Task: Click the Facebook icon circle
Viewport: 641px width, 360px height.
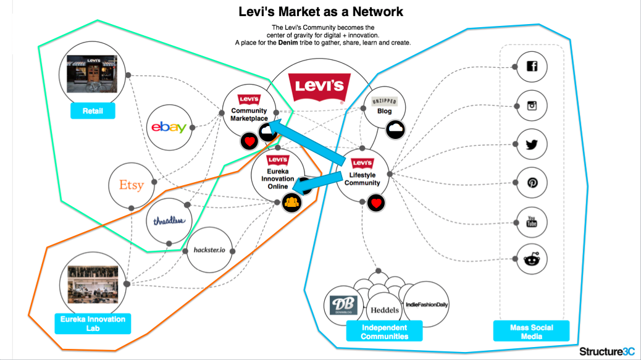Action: pyautogui.click(x=532, y=67)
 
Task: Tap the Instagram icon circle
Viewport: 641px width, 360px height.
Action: pyautogui.click(x=532, y=106)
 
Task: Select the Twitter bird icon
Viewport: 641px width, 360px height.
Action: pyautogui.click(x=532, y=144)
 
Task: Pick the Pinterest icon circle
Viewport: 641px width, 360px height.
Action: pyautogui.click(x=532, y=183)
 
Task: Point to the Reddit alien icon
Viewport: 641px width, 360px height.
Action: pyautogui.click(x=532, y=259)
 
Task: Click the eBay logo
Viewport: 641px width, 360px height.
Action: pyautogui.click(x=169, y=127)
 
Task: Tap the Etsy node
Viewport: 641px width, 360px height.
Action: pyautogui.click(x=131, y=185)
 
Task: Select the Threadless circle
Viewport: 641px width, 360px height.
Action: pyautogui.click(x=169, y=221)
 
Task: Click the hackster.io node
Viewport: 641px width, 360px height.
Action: pyautogui.click(x=210, y=250)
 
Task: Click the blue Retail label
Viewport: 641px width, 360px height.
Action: pyautogui.click(x=93, y=111)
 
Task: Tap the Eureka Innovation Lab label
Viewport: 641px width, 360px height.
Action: pyautogui.click(x=93, y=324)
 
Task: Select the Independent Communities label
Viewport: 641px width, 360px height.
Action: pyautogui.click(x=385, y=332)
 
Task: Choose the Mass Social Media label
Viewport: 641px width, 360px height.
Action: pyautogui.click(x=531, y=332)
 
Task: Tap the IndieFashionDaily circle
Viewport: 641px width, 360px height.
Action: pyautogui.click(x=426, y=304)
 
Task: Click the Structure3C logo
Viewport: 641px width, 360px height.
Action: pyautogui.click(x=606, y=351)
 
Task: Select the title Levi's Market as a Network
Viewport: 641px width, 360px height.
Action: pyautogui.click(x=322, y=11)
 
